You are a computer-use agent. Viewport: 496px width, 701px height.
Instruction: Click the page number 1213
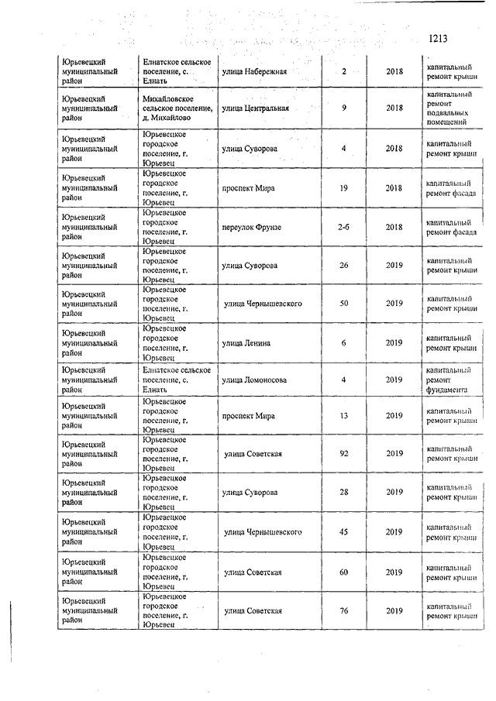click(438, 37)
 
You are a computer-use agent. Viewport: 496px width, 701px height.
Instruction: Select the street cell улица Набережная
click(254, 72)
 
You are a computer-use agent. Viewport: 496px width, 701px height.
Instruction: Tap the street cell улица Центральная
click(255, 108)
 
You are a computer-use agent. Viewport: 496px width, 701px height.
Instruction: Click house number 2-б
click(343, 226)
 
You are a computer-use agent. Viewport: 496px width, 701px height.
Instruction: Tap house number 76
click(343, 612)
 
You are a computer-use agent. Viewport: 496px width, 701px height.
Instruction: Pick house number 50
click(343, 303)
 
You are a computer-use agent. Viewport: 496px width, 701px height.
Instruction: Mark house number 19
click(343, 187)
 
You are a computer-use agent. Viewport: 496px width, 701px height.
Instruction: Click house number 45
click(343, 532)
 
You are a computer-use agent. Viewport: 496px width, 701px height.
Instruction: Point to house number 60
click(343, 572)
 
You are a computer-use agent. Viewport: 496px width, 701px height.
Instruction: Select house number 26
click(343, 266)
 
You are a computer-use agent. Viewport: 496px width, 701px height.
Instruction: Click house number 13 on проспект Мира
click(343, 415)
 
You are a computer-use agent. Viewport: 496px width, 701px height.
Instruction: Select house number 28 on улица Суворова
click(343, 492)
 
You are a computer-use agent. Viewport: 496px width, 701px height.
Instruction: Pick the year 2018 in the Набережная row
click(394, 72)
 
